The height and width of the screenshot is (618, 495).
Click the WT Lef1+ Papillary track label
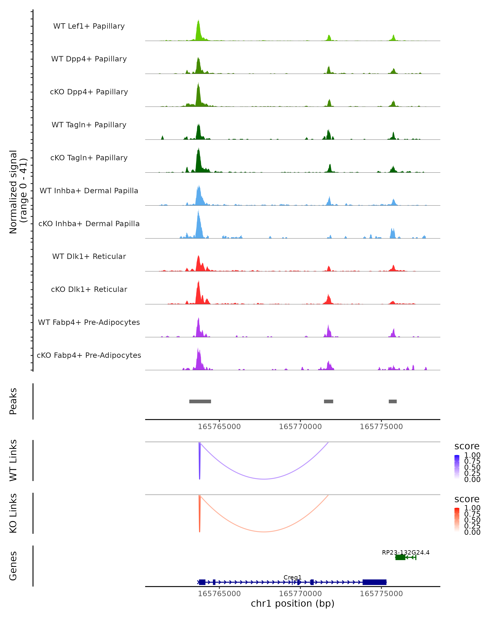[x=89, y=26]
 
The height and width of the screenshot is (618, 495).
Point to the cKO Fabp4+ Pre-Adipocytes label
[x=89, y=355]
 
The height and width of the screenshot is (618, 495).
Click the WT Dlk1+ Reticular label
[x=89, y=256]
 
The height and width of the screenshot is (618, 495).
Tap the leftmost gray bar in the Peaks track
[x=200, y=401]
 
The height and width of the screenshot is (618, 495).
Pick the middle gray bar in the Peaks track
[x=329, y=401]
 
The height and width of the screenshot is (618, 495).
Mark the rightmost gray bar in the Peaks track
[x=392, y=401]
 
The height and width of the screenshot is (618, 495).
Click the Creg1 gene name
[x=292, y=577]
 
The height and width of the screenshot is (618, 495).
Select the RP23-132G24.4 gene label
[x=405, y=552]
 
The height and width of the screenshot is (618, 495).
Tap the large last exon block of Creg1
[x=375, y=582]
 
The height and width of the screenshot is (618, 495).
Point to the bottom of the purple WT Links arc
[x=264, y=479]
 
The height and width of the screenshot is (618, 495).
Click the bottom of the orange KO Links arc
[x=264, y=532]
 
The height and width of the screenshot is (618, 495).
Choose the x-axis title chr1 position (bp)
[x=292, y=603]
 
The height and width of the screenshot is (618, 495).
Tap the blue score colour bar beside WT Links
[x=457, y=467]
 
